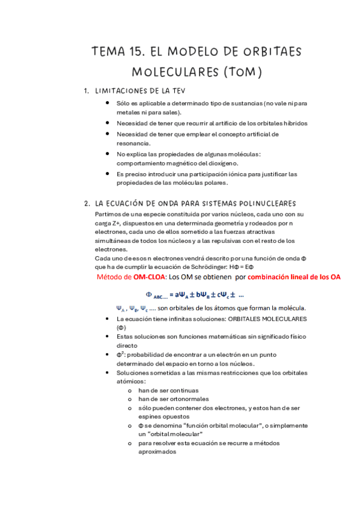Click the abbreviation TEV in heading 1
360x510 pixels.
coord(175,91)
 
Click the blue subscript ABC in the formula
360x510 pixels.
coord(161,296)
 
